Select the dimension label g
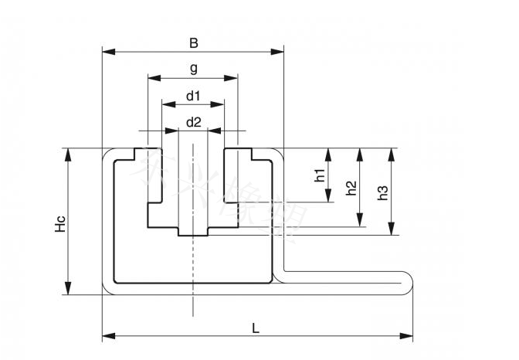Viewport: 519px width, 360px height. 193,69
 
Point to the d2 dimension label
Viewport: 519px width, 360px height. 193,121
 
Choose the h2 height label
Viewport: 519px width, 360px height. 351,188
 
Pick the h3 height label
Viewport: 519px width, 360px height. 382,191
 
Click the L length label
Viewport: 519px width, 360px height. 256,328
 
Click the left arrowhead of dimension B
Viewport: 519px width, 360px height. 107,52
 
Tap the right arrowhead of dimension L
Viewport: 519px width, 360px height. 409,335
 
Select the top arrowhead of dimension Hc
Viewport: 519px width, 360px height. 69,152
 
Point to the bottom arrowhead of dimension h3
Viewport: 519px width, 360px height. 392,229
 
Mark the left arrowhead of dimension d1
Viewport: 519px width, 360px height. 166,104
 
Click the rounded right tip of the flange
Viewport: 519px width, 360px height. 411,282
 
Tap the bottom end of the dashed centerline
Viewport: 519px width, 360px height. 192,314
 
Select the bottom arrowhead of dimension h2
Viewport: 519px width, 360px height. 359,222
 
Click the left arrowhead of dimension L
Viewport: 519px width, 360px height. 107,335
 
